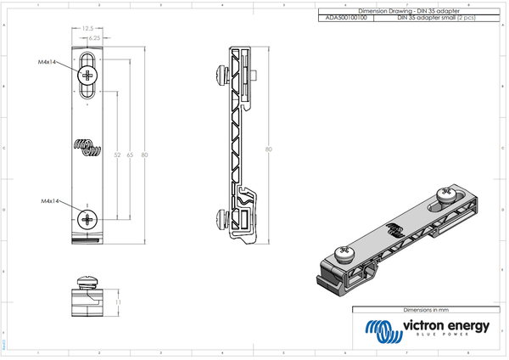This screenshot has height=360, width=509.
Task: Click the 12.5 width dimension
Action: coord(87,28)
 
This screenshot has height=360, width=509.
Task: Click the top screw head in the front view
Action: coord(88,75)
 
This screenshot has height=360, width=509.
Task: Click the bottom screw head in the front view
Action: coord(88,220)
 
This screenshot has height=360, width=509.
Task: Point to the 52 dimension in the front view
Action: coord(116,155)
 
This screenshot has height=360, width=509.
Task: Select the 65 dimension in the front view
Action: coord(130,155)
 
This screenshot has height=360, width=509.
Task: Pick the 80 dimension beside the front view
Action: coord(144,155)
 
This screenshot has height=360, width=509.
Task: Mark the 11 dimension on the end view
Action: coord(119,301)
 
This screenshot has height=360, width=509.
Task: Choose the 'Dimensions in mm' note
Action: coord(424,312)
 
